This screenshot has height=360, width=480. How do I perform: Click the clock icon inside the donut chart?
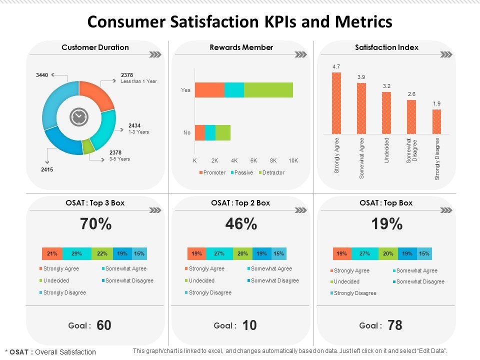tap(78, 117)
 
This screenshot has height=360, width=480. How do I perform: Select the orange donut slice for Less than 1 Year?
tap(98, 93)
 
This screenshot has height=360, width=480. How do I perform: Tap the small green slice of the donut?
tap(88, 145)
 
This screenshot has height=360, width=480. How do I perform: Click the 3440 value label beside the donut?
tap(42, 75)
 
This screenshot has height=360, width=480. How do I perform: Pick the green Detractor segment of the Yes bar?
tap(268, 90)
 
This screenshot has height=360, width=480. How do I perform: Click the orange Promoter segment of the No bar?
tap(200, 132)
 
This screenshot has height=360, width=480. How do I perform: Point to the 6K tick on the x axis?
tap(254, 161)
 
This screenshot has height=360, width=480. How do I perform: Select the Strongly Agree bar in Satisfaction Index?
tap(336, 103)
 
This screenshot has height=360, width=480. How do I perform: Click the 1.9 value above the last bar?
tap(436, 104)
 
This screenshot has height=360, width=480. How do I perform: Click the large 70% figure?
tap(95, 224)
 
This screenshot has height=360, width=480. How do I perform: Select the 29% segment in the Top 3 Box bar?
tap(76, 253)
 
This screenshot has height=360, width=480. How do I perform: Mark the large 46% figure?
tap(241, 224)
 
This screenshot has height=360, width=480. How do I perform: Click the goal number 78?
tap(395, 325)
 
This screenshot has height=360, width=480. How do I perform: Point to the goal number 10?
tap(249, 325)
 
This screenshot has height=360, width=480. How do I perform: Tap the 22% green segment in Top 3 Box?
tap(102, 253)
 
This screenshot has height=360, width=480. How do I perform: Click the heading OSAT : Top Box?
tap(385, 202)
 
